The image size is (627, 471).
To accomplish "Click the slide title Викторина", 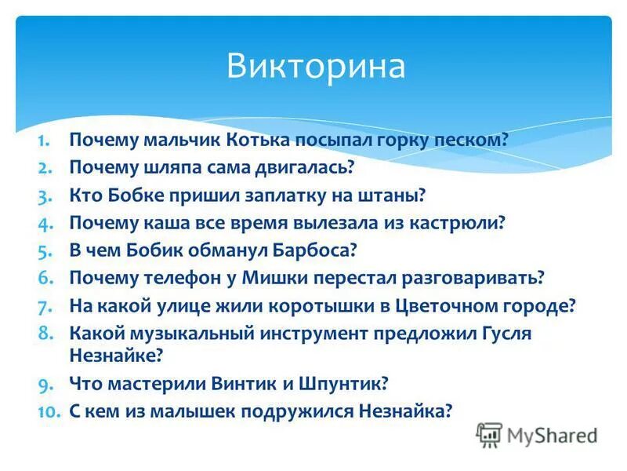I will tap(316, 66).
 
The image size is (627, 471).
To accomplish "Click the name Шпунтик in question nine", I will tap(345, 384).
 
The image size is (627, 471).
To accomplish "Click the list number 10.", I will tap(49, 411).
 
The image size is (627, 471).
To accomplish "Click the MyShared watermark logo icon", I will tap(489, 434).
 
